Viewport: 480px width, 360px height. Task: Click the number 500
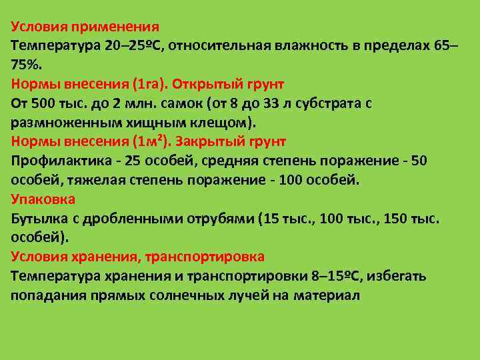(41, 104)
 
